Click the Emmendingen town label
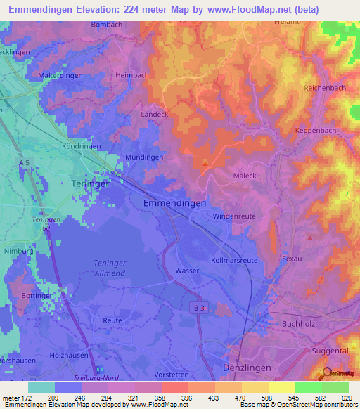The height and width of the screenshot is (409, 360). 174,202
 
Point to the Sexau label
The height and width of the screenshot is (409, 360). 291,259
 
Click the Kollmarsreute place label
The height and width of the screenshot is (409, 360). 234,260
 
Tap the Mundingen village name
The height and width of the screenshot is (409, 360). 144,157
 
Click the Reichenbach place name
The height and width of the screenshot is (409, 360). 324,88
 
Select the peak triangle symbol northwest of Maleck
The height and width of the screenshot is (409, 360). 205,163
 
